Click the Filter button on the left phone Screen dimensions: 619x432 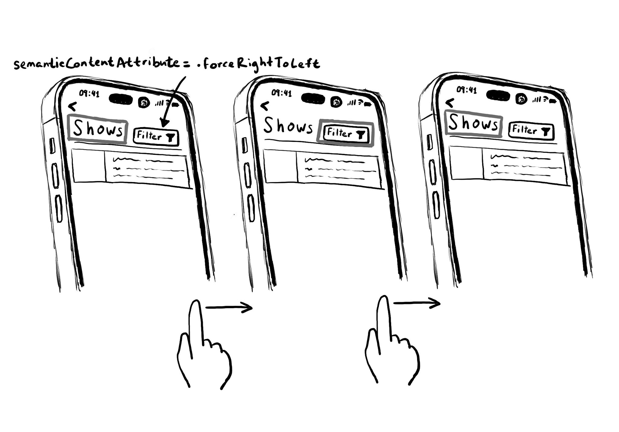click(x=156, y=137)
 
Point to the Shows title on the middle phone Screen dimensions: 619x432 click(x=288, y=126)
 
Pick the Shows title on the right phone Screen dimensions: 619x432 click(x=473, y=123)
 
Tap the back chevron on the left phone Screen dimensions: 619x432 click(x=73, y=106)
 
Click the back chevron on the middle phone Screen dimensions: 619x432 click(x=264, y=106)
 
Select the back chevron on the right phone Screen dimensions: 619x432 click(x=450, y=103)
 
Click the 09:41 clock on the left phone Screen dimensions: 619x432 click(x=89, y=94)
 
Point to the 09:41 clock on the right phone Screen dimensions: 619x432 click(x=467, y=90)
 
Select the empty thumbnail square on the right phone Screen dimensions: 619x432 click(x=466, y=163)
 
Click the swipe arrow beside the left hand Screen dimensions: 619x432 click(x=229, y=308)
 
